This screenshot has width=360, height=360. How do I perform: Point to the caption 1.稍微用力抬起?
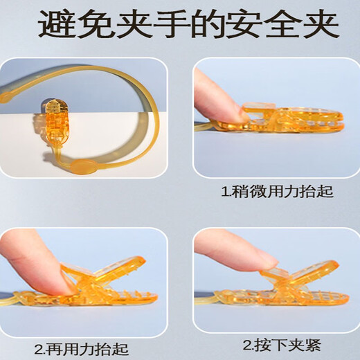(x=276, y=191)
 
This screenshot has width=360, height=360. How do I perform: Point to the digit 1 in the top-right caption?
(x=224, y=191)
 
